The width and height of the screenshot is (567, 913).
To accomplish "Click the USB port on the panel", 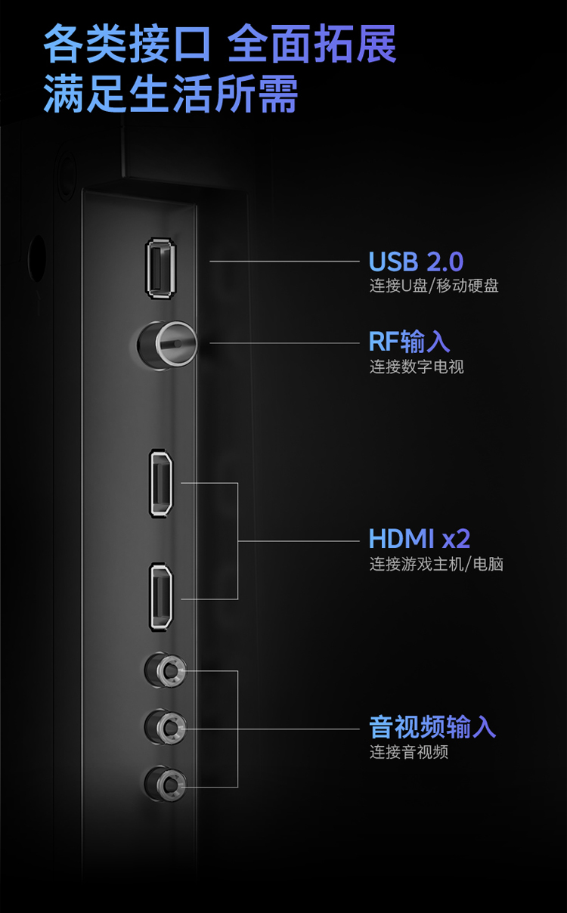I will pyautogui.click(x=161, y=268).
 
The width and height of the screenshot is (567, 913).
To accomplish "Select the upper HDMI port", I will pyautogui.click(x=161, y=484).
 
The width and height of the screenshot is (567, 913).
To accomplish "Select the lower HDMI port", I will pyautogui.click(x=161, y=597).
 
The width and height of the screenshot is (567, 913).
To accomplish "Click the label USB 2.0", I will pyautogui.click(x=416, y=262).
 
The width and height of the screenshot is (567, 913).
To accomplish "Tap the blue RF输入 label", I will pyautogui.click(x=409, y=342).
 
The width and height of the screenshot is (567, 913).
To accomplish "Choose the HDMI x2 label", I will pyautogui.click(x=420, y=539).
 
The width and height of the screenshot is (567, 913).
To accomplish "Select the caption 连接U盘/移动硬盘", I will pyautogui.click(x=434, y=286).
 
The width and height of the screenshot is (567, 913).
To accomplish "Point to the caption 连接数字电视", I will pyautogui.click(x=417, y=367).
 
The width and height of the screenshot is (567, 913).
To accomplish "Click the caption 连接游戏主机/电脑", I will pyautogui.click(x=436, y=564).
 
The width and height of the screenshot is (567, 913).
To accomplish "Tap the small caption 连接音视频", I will pyautogui.click(x=409, y=752).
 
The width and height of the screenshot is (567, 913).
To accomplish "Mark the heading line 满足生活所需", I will pyautogui.click(x=170, y=94).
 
